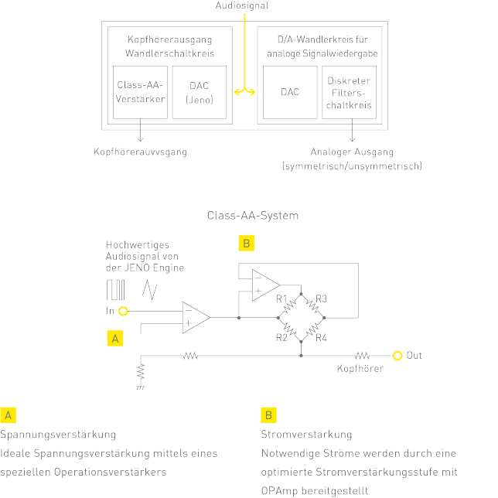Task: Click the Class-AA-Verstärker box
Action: tap(140, 92)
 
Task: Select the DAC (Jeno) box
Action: tap(200, 92)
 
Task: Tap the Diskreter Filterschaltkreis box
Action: tap(350, 92)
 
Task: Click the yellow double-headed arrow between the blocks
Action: tap(244, 91)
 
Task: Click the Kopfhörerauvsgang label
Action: tap(140, 152)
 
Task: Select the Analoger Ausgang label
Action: tap(352, 152)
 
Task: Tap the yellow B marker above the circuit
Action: tap(245, 244)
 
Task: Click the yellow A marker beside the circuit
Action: tap(114, 338)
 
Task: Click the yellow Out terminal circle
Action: tap(397, 356)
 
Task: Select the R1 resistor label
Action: tap(281, 298)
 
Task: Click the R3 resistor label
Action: tap(322, 298)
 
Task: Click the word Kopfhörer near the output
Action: tap(360, 369)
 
